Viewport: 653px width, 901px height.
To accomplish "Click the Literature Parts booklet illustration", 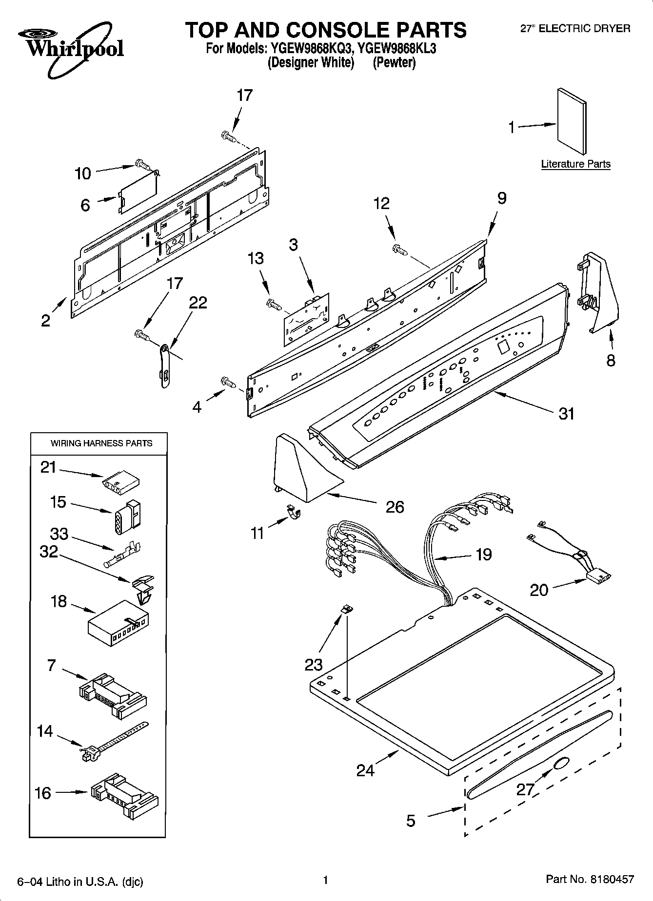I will (x=572, y=120).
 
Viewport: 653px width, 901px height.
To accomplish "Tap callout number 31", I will (x=566, y=414).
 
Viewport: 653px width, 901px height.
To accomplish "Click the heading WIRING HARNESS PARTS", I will (x=101, y=443).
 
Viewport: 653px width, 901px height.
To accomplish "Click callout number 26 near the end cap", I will (x=395, y=507).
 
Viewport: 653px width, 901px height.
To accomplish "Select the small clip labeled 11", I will (x=294, y=511).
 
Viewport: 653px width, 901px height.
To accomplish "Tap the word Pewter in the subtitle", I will (x=394, y=63).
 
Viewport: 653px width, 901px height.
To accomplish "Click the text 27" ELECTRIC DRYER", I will (x=575, y=29).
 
